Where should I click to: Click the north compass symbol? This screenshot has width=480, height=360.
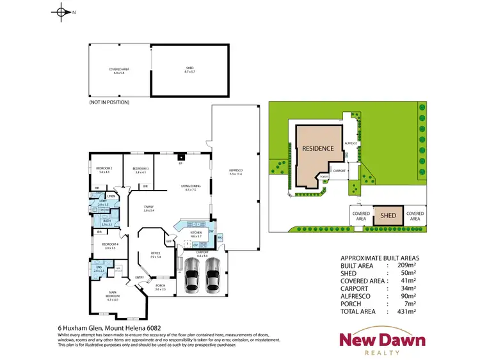tap(61, 12)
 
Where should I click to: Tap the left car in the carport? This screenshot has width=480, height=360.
tap(193, 279)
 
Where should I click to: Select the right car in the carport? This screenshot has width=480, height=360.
tap(213, 279)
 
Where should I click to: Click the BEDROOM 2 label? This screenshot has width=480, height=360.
tap(104, 170)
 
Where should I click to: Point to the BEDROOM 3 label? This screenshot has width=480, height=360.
tap(141, 170)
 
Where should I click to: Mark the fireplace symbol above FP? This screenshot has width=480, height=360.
tap(182, 157)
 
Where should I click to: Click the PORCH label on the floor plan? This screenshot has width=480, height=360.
tap(160, 288)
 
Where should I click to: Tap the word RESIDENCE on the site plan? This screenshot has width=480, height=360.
tap(318, 148)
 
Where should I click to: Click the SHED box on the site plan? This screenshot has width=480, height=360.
tap(388, 216)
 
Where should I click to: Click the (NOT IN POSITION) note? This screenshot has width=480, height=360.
tap(109, 102)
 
